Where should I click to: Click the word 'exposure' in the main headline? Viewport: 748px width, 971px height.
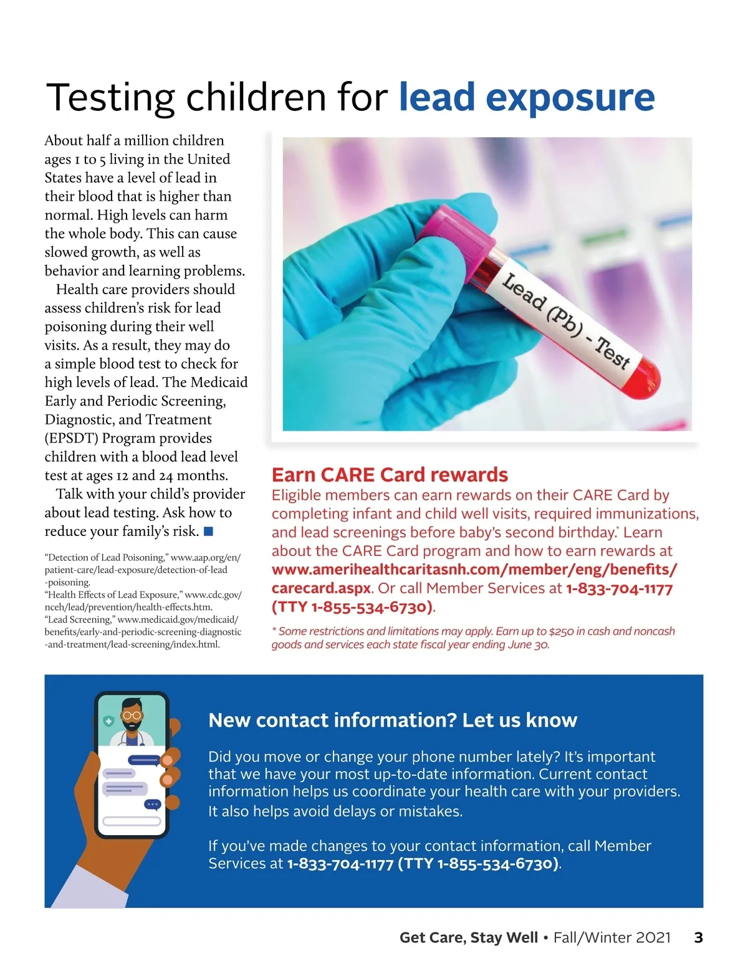[x=570, y=98]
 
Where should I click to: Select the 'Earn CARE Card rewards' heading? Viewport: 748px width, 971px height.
[x=390, y=475]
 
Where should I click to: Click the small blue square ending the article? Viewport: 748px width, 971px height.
[x=209, y=532]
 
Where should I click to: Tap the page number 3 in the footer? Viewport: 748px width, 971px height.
[x=698, y=937]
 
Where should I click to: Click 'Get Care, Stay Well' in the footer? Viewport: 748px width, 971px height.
[x=468, y=937]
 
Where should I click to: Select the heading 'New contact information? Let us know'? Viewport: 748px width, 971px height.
[x=393, y=720]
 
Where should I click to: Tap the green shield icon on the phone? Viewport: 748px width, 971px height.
[x=108, y=721]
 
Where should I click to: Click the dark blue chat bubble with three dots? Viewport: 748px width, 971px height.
[x=153, y=805]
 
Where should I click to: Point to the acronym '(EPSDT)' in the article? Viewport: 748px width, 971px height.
[x=71, y=438]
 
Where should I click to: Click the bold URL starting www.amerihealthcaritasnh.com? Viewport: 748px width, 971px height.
[x=474, y=570]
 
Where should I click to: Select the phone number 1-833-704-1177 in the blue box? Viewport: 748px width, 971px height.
[x=340, y=864]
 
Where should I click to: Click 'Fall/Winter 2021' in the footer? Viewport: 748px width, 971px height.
[x=612, y=937]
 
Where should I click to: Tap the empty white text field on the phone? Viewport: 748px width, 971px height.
[x=132, y=821]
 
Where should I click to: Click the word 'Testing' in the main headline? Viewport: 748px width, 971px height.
[x=111, y=98]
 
